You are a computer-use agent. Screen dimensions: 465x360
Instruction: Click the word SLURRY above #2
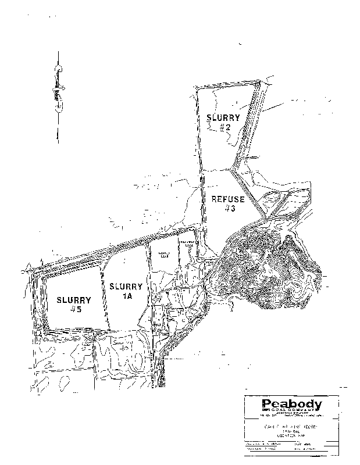tap(223, 117)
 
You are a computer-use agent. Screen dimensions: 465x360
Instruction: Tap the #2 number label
tap(226, 127)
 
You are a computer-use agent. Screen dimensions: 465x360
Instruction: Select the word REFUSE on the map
tap(229, 199)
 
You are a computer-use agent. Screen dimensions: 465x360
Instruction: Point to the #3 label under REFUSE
tap(229, 209)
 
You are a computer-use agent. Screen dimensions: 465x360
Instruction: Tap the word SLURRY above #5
tap(74, 301)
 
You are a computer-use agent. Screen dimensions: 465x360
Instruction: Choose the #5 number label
tap(74, 310)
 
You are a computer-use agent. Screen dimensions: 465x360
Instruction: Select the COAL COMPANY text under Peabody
tap(291, 412)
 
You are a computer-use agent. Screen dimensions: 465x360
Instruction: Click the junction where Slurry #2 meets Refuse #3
tap(233, 169)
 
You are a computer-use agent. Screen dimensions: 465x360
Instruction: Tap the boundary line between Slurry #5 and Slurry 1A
tap(106, 296)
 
